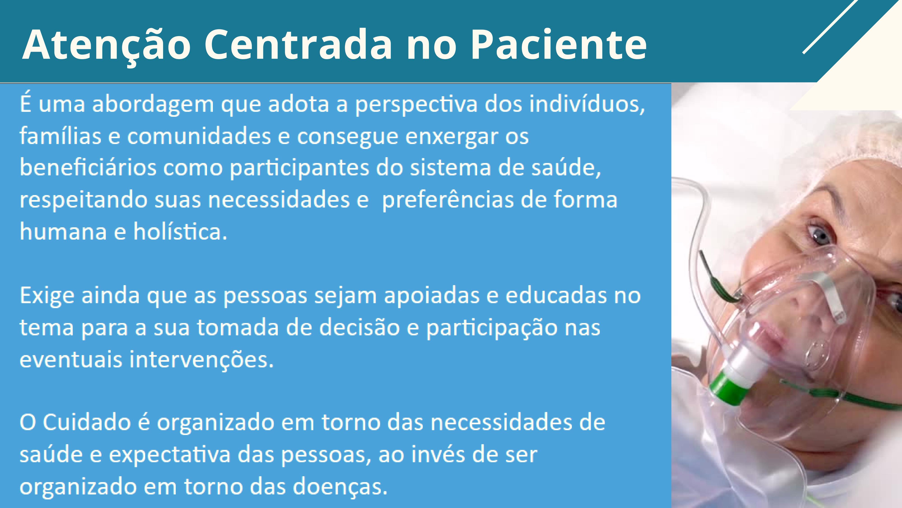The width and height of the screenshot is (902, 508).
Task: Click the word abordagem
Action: pyautogui.click(x=153, y=105)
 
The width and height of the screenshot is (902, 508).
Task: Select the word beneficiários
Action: pyautogui.click(x=88, y=168)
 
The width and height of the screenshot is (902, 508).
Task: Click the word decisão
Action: pyautogui.click(x=359, y=327)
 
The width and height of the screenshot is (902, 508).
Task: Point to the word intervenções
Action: pyautogui.click(x=201, y=360)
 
